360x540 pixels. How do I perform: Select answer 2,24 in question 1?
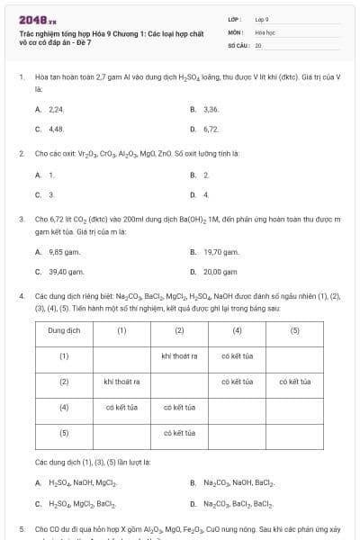pos(56,109)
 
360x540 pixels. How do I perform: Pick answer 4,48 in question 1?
pos(56,129)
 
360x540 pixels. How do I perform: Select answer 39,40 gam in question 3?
pos(66,271)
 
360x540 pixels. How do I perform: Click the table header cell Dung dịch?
pos(65,330)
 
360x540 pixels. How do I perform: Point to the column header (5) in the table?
pos(294,330)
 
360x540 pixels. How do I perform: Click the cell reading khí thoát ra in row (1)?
pos(179,355)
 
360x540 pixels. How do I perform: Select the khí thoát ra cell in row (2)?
pos(121,382)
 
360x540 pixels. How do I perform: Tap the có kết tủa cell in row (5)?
pos(179,433)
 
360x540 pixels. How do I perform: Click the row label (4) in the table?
pos(65,407)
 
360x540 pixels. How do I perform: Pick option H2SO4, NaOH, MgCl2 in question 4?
pos(85,482)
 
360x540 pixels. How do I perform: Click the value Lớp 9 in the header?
pos(262,18)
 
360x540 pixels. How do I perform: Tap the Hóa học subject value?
pos(265,31)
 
